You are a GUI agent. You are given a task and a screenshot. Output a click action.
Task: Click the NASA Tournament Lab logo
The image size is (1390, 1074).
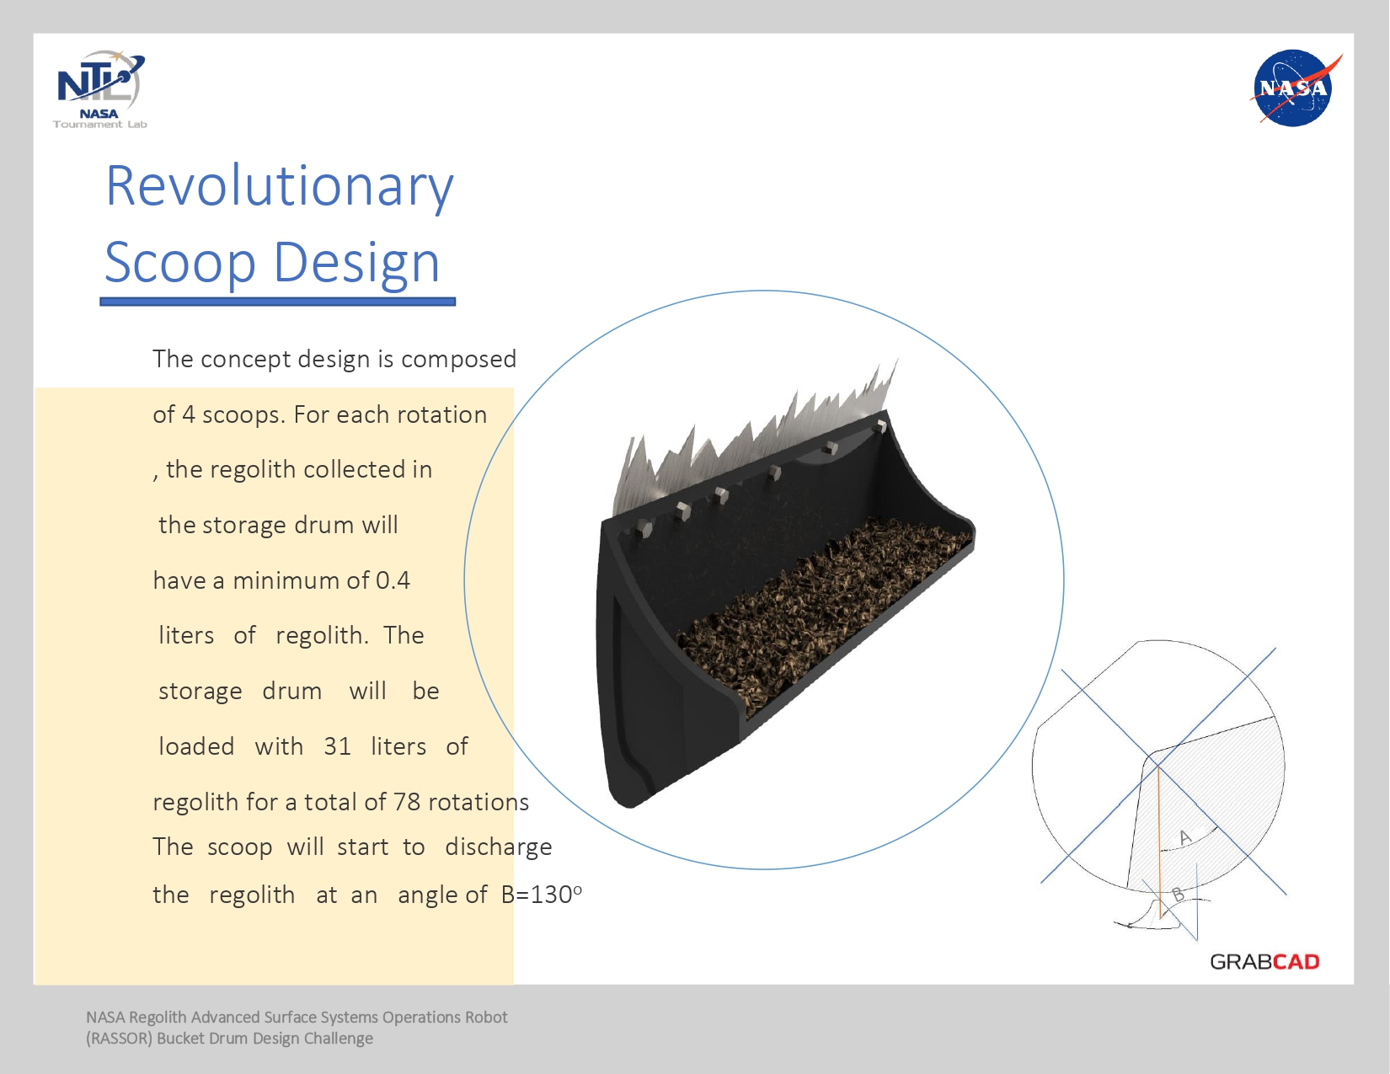point(100,89)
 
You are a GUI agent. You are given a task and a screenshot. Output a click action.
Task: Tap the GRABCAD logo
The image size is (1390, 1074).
point(1264,962)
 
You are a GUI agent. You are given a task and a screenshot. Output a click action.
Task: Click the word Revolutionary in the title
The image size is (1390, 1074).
point(280,187)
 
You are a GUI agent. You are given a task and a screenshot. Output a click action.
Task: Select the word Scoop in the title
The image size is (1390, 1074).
point(180,263)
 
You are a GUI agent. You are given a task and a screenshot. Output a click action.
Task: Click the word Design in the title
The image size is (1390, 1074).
point(357,263)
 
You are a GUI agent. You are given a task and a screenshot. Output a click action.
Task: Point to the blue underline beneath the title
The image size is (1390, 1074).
point(278,302)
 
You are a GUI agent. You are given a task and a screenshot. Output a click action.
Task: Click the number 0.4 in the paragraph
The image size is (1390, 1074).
point(393,580)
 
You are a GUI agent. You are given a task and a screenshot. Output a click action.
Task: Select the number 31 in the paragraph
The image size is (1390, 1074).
point(337,746)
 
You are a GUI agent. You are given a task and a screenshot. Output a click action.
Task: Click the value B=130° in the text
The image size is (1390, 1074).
point(541,895)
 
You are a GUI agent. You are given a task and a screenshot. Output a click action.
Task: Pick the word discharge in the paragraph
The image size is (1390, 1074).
point(499,847)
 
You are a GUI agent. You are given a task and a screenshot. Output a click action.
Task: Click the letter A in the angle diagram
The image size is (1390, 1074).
point(1184,836)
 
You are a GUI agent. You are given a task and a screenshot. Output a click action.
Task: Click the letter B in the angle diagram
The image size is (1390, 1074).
point(1178,895)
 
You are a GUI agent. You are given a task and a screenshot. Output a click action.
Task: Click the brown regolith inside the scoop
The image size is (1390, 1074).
point(826,607)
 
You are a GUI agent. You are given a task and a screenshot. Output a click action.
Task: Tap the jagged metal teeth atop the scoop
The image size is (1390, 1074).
point(755,441)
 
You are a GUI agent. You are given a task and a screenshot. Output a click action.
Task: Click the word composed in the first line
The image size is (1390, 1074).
point(458,360)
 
